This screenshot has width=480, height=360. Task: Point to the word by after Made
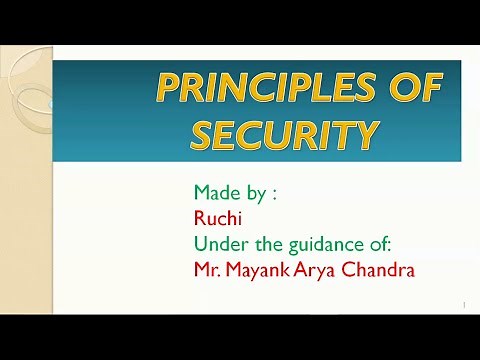click(x=259, y=193)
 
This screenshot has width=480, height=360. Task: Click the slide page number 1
click(x=465, y=304)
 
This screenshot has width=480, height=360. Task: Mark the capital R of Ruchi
click(x=200, y=217)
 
